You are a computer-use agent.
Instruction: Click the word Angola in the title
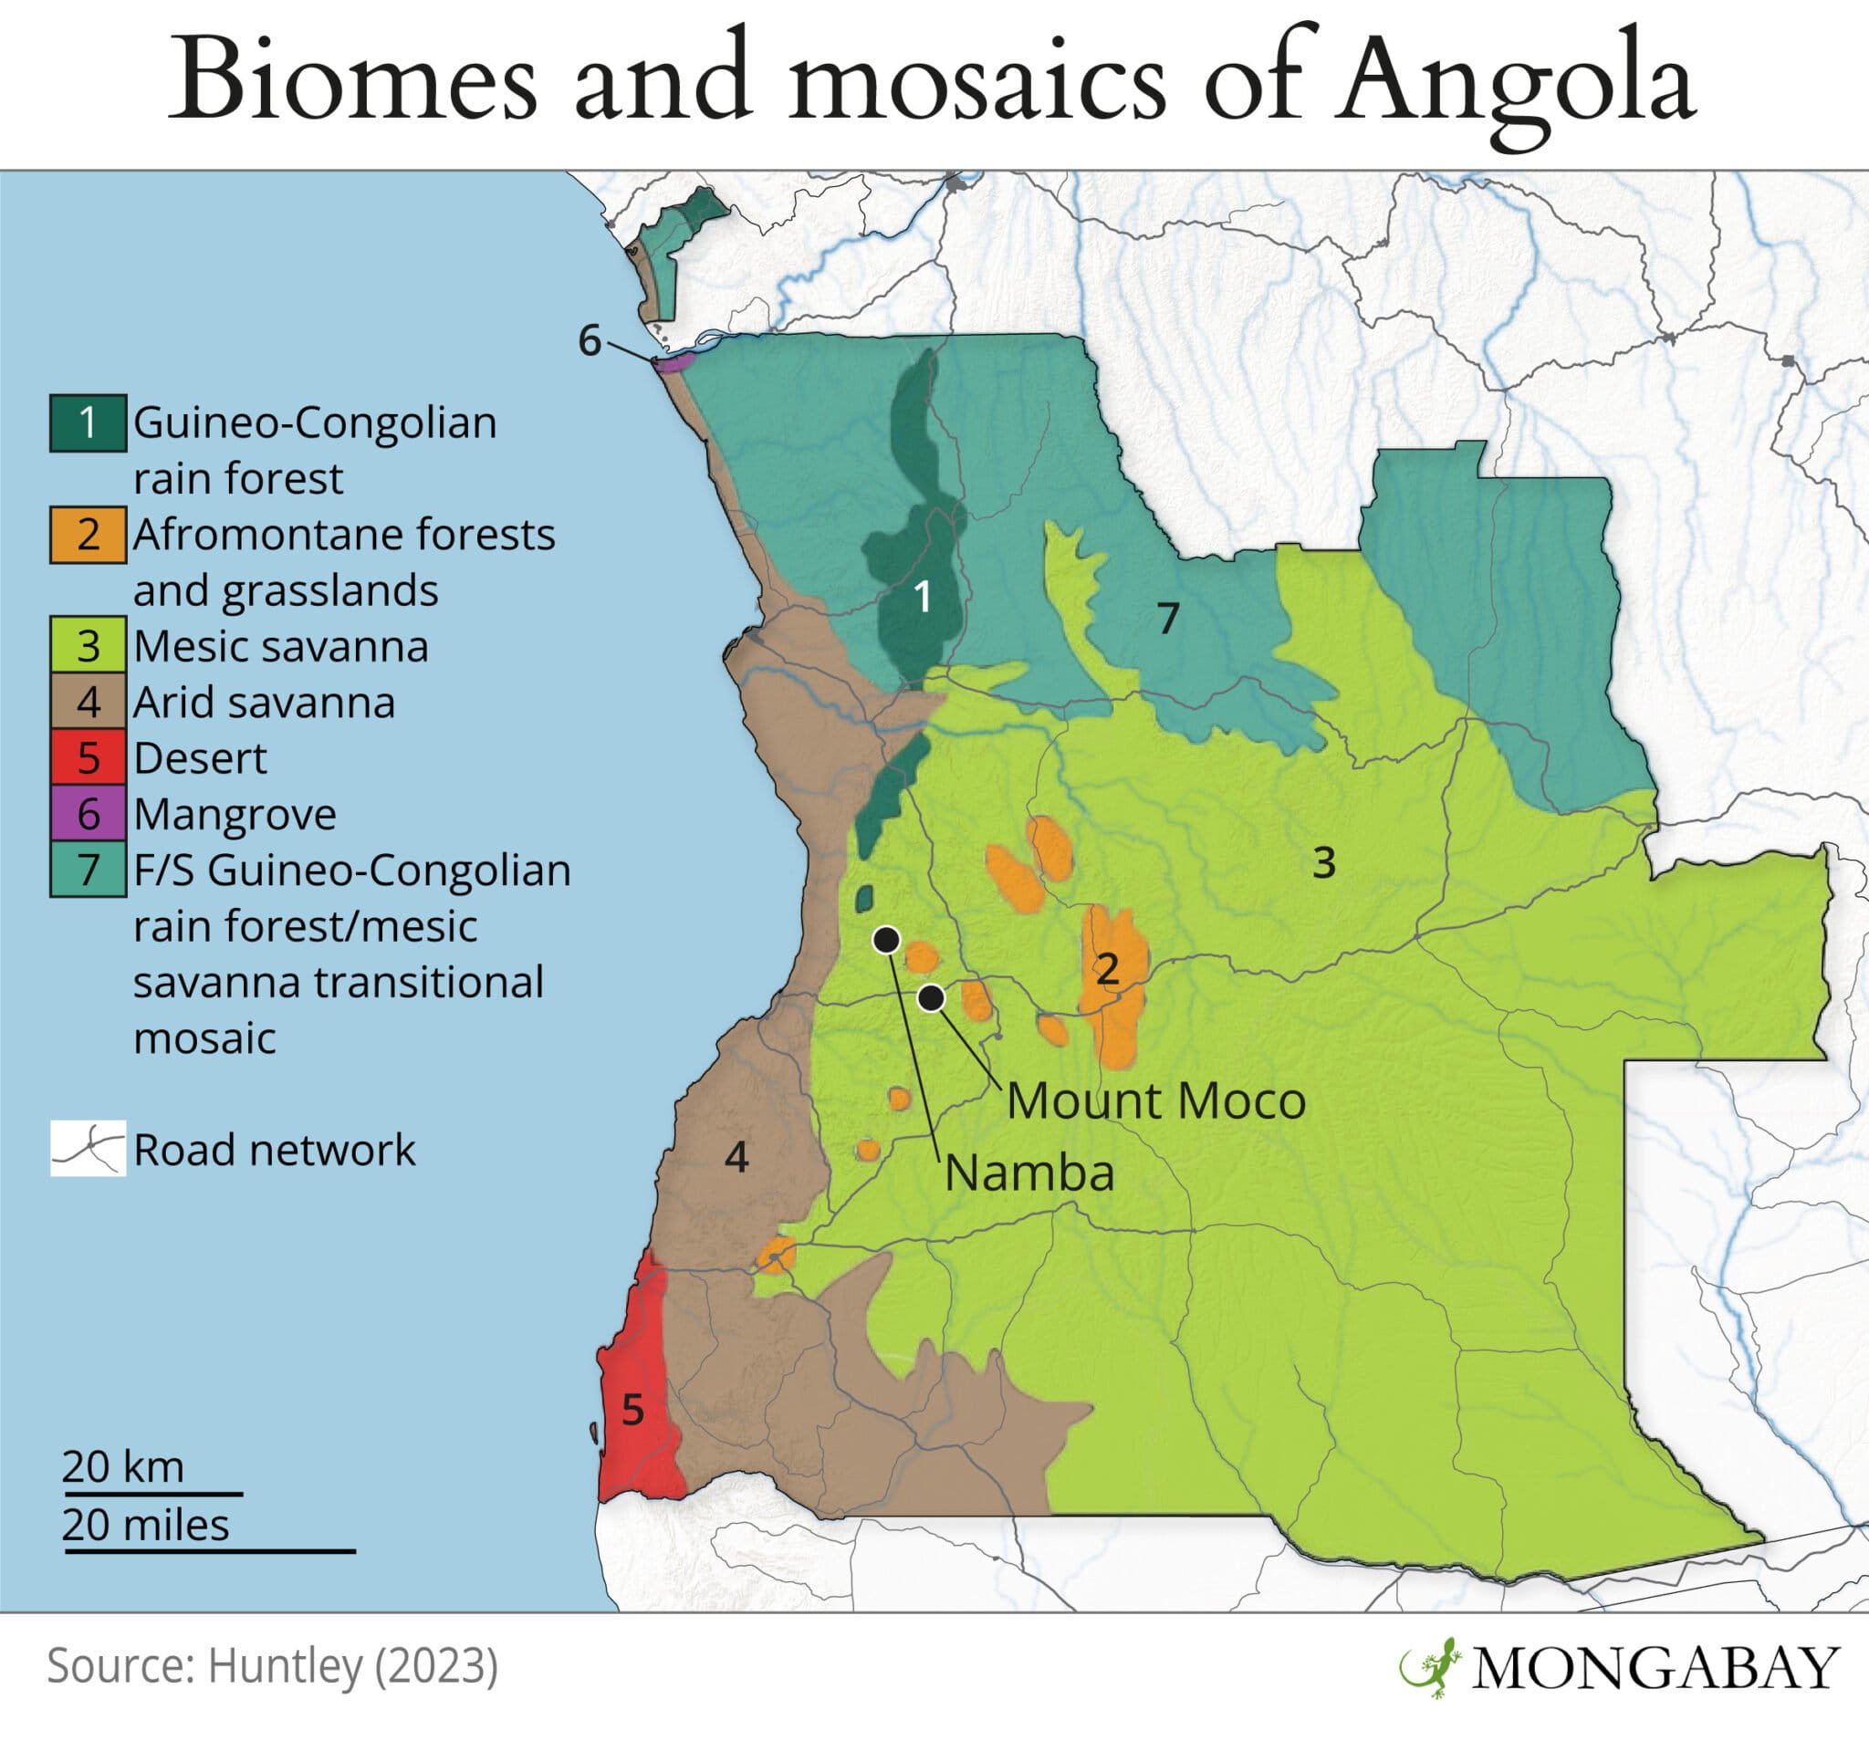(x=1516, y=83)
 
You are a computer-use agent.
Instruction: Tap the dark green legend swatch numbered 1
(x=88, y=423)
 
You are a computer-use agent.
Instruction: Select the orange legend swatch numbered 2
(x=88, y=535)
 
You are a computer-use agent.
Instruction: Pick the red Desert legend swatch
(x=88, y=757)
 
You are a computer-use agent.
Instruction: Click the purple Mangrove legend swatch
(x=88, y=813)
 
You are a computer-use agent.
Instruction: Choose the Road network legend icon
(x=88, y=1148)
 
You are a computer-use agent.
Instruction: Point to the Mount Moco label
(x=1155, y=1100)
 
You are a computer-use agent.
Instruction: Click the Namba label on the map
(x=1028, y=1173)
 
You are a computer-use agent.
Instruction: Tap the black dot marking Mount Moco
(x=931, y=998)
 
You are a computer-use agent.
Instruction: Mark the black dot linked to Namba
(x=885, y=939)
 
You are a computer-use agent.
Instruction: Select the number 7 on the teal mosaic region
(x=1167, y=619)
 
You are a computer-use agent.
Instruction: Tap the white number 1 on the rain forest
(x=923, y=596)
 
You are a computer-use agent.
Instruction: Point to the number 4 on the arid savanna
(x=736, y=1157)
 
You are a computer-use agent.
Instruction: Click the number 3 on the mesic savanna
(x=1323, y=863)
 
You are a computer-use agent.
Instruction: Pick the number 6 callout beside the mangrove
(x=589, y=340)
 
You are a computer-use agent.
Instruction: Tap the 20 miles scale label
(x=146, y=1525)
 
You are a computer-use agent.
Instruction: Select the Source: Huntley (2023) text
(x=272, y=1666)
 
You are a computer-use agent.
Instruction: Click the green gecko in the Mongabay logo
(x=1429, y=1667)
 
